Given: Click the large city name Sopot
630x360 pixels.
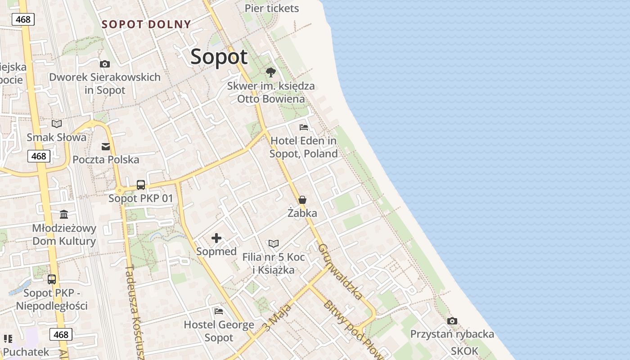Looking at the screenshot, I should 219,57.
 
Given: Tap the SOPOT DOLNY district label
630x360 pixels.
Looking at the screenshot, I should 146,24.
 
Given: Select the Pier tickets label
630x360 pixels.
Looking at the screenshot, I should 271,8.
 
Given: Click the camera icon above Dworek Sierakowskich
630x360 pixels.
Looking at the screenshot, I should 105,64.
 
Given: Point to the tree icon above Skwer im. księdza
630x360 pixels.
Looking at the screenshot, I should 271,72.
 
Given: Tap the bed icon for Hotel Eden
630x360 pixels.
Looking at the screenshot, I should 304,127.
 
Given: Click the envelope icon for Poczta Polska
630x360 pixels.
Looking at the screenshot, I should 106,147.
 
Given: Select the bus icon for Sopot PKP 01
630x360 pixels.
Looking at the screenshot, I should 141,185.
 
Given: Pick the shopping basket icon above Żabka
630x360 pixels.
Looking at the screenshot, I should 302,200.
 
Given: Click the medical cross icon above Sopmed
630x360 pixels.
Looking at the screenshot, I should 216,238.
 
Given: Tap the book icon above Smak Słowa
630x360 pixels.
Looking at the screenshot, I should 57,124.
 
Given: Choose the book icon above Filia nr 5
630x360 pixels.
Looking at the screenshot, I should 274,243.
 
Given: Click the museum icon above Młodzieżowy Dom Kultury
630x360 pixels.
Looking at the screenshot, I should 64,214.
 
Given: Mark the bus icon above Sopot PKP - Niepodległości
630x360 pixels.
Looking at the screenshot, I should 52,279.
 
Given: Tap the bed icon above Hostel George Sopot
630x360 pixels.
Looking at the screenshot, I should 219,311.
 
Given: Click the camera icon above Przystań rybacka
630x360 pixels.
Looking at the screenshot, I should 452,321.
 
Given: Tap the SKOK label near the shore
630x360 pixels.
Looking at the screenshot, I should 465,350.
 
